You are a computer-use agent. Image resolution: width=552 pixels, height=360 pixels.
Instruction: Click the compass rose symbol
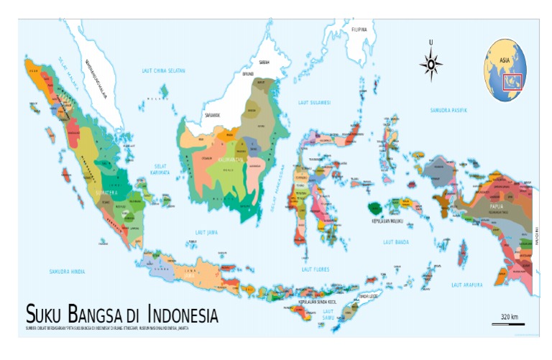click(431, 65)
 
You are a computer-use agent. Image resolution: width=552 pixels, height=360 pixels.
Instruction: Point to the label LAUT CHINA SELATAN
click(164, 70)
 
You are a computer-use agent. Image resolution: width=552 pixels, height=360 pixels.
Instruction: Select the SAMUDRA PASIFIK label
click(448, 110)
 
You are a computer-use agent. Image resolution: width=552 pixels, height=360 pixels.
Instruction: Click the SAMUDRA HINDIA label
click(67, 272)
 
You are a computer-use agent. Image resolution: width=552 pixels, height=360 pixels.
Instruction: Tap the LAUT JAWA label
click(206, 232)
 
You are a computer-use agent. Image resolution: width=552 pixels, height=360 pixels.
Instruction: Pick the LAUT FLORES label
click(315, 269)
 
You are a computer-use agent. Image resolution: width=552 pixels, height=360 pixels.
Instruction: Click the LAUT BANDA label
click(395, 242)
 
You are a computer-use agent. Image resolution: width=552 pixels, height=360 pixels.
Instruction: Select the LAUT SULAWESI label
click(314, 103)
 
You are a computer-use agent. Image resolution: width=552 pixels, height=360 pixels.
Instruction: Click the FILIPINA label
click(359, 29)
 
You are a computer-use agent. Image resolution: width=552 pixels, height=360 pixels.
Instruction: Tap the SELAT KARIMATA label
click(160, 170)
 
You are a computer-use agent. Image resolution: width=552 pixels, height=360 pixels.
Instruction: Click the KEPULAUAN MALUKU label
click(386, 221)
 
